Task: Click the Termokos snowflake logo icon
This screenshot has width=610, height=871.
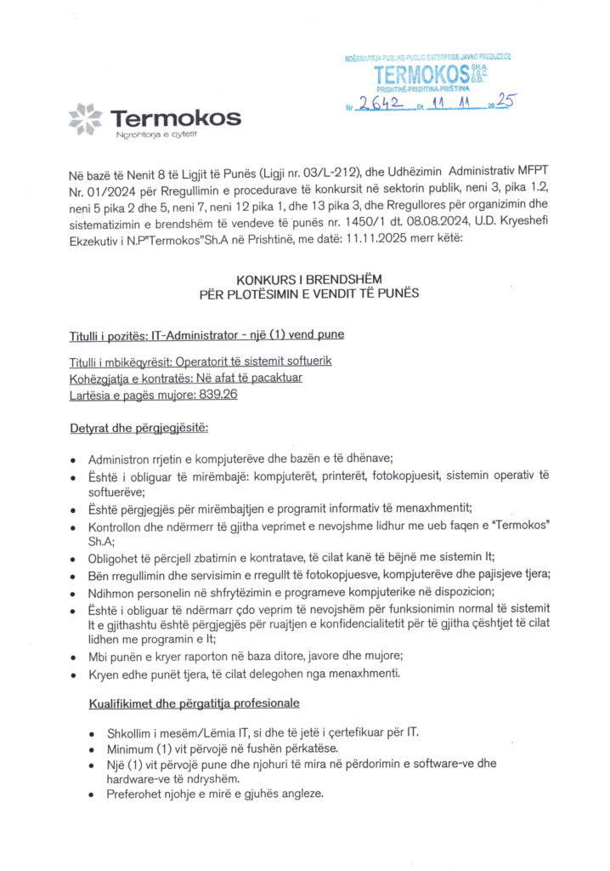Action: (x=85, y=118)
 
